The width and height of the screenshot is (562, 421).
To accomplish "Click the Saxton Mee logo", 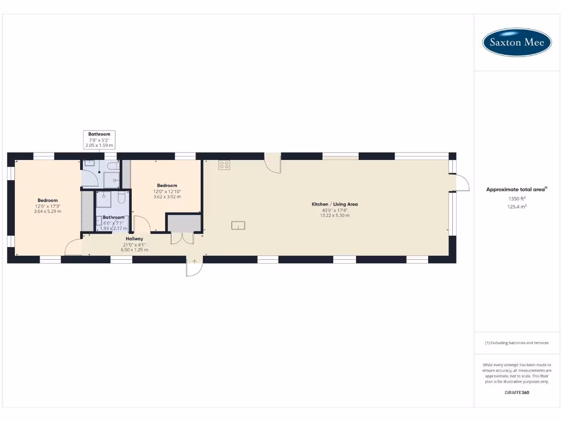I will [516, 42].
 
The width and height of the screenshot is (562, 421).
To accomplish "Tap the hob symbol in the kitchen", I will [224, 164].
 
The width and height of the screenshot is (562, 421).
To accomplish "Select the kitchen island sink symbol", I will [238, 225].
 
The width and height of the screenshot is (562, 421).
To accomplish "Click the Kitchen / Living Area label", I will [335, 204].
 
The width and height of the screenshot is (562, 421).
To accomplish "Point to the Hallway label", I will [134, 239].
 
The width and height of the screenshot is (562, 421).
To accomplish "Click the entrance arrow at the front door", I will [194, 261].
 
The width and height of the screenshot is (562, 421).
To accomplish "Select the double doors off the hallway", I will [182, 238].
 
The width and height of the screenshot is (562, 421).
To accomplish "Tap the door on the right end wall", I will [461, 183].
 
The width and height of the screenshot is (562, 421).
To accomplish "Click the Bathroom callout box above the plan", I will [99, 140].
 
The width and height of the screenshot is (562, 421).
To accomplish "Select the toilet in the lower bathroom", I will [121, 198].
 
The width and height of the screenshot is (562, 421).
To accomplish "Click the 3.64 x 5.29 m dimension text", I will [48, 211].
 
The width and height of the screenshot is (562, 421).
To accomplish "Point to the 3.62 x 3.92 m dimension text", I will [167, 196].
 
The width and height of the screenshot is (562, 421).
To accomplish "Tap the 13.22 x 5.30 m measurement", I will [335, 215].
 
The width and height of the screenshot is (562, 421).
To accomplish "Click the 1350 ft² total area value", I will [516, 198].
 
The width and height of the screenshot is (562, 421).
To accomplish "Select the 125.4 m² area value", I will [516, 207].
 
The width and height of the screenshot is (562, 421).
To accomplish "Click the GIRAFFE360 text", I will [516, 392].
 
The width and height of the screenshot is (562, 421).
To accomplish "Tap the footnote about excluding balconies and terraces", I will [516, 343].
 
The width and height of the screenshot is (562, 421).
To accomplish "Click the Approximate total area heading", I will [516, 189].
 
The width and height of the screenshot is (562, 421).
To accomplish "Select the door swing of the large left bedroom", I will [72, 248].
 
